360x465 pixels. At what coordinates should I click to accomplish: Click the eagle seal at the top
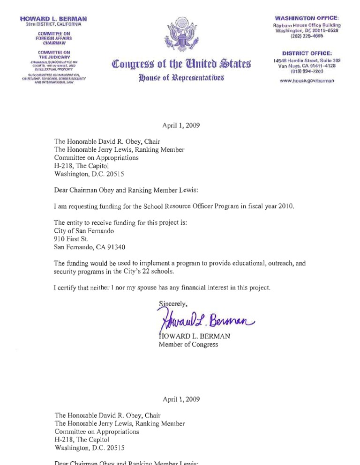(180, 35)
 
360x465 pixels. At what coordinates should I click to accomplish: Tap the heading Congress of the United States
(180, 63)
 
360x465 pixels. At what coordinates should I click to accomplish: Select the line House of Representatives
(180, 78)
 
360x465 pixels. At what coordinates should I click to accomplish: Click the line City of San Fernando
(82, 231)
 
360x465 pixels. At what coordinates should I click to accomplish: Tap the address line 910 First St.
(68, 239)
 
